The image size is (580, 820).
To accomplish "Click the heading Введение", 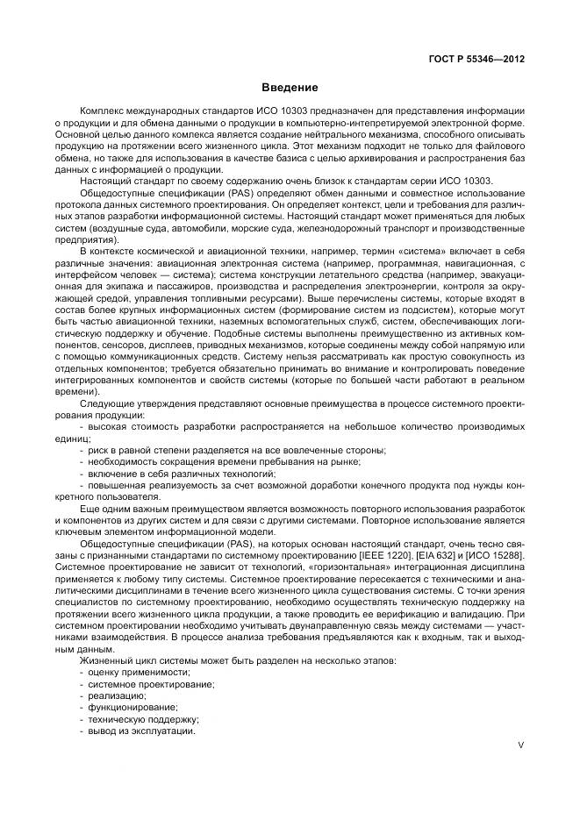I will pyautogui.click(x=289, y=88).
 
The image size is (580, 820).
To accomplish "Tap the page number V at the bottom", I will pyautogui.click(x=520, y=745).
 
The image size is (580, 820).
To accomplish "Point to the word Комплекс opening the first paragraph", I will pyautogui.click(x=103, y=112).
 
